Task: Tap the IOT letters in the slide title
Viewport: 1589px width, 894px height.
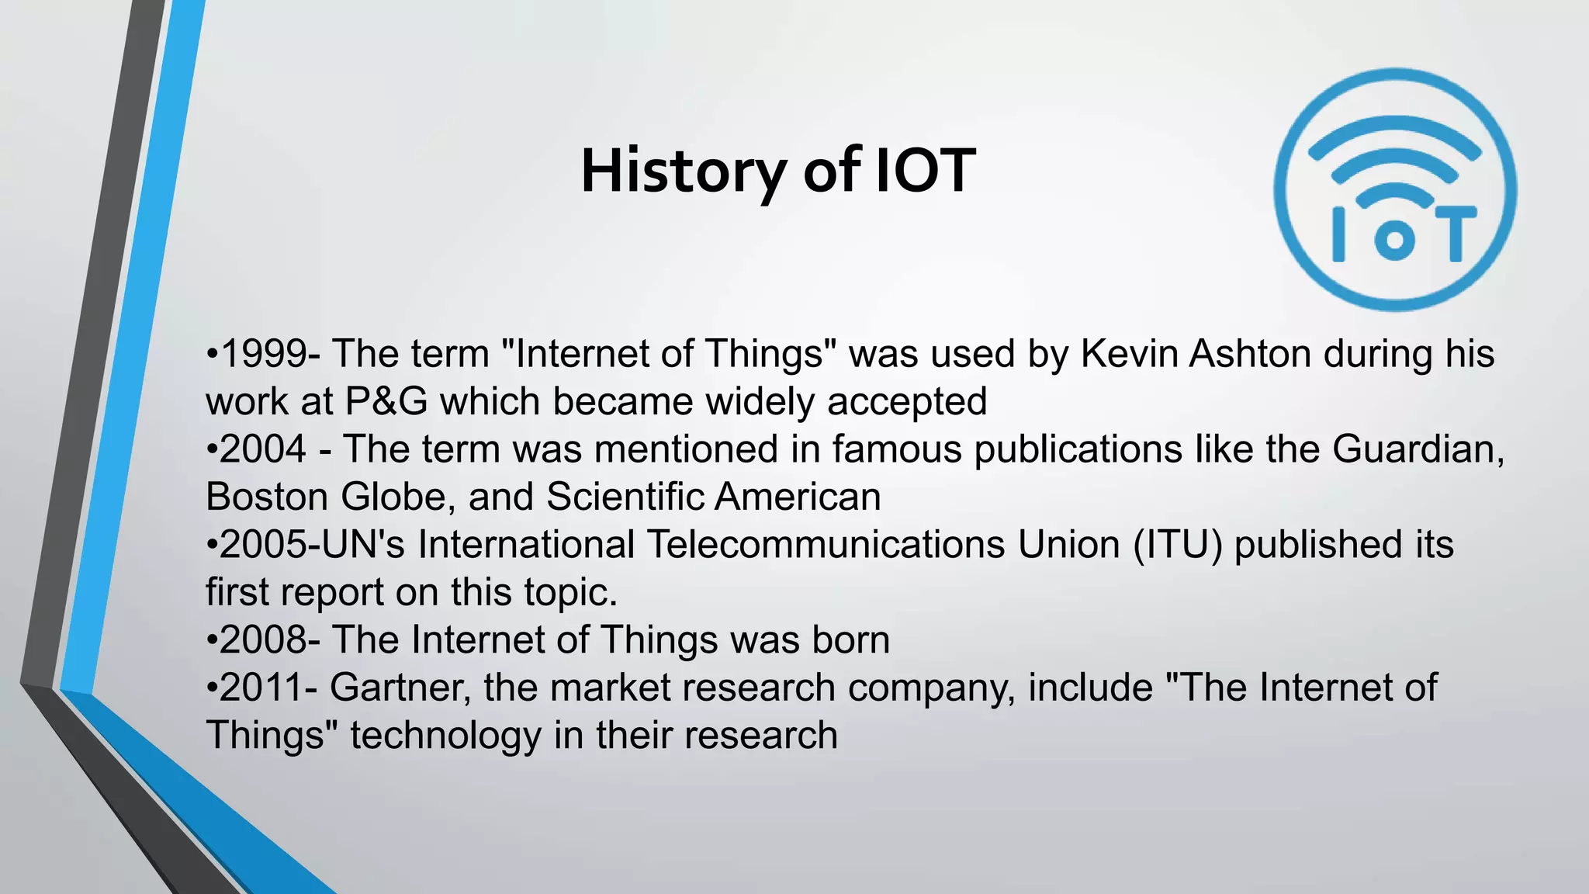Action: pos(925,171)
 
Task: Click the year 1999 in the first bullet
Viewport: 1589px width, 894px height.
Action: pos(263,354)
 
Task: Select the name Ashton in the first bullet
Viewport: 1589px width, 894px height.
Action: pos(1250,354)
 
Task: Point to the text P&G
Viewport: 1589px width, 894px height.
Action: pos(386,402)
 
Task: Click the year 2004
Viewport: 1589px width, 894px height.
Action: pos(263,449)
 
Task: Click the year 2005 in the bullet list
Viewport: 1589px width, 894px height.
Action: pos(263,545)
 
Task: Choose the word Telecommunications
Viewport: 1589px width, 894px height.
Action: pos(826,545)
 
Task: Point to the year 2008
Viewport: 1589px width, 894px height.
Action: pos(263,640)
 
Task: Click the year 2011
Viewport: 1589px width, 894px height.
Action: pos(263,688)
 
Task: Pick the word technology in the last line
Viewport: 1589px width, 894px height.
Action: pos(445,736)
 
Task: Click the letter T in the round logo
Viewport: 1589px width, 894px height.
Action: pos(1455,233)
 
